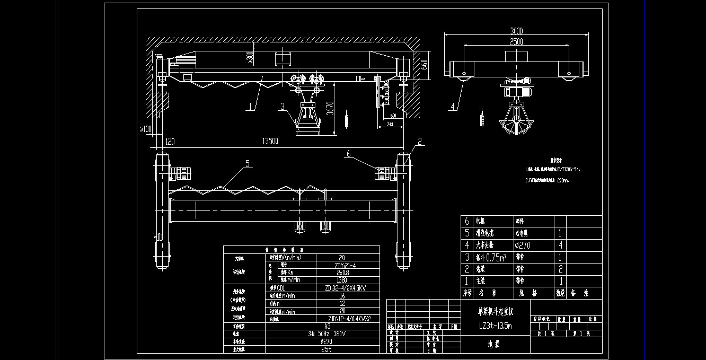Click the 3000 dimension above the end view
pos(516,30)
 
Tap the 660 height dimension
pos(424,64)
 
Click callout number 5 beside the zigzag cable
pos(247,164)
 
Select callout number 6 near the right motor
pos(348,154)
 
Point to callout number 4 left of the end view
pos(452,107)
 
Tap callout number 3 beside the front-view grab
pos(283,106)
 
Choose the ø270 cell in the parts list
pos(522,245)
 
